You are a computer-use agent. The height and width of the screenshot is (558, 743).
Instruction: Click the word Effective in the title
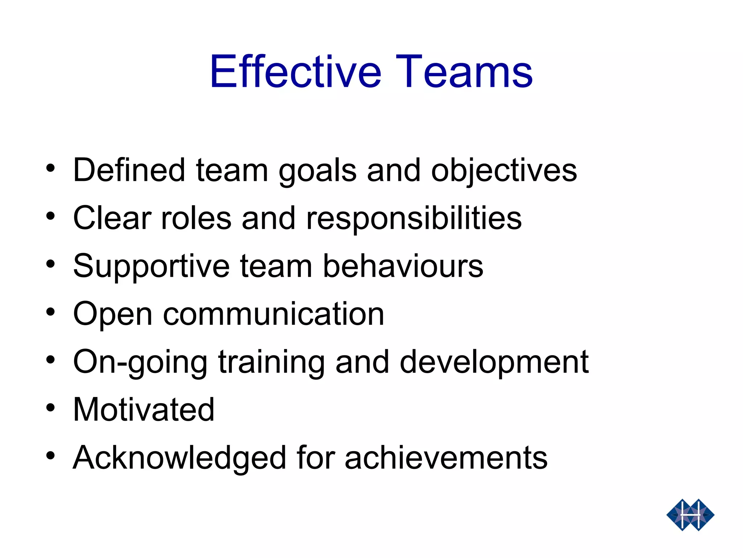(x=296, y=72)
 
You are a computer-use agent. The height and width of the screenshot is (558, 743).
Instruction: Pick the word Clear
(x=112, y=218)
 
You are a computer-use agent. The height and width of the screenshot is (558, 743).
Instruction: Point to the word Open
(x=112, y=315)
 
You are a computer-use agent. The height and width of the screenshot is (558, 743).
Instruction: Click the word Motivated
(x=144, y=409)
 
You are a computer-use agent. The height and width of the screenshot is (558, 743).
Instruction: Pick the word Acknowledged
(x=180, y=458)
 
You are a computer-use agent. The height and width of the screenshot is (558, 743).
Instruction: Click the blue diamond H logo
(x=690, y=515)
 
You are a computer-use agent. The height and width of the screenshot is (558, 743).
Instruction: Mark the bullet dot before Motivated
(x=50, y=408)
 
